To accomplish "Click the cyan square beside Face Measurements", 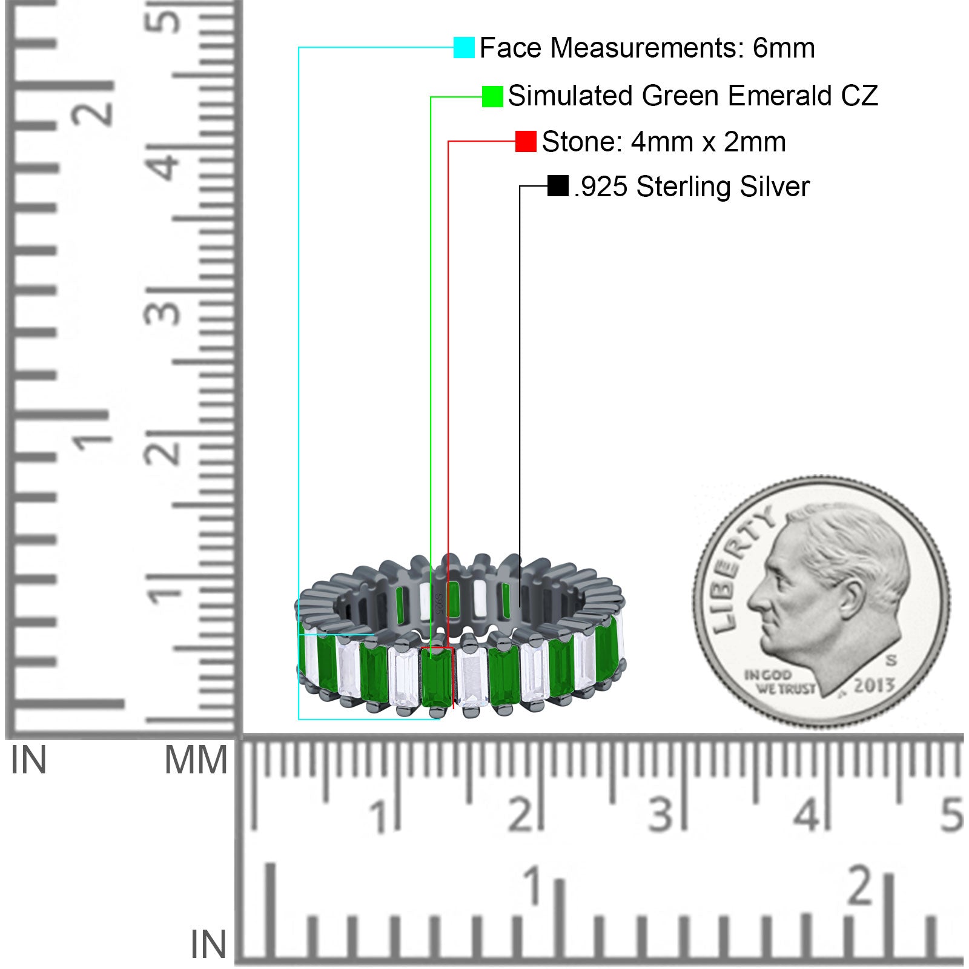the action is pos(464,47).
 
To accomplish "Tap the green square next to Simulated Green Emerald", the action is pos(492,96).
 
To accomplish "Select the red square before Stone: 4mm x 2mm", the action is pos(526,141).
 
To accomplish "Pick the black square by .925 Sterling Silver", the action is pos(558,186).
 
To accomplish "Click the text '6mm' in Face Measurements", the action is pos(784,48).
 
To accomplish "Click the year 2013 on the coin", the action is pos(874,685).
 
